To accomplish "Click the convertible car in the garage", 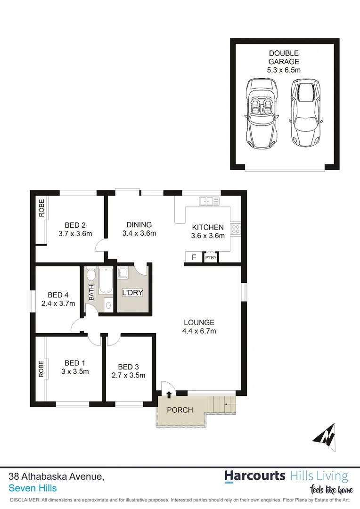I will pos(260,113).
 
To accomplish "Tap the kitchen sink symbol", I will pos(209,202).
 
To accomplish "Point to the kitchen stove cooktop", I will pos(236,230).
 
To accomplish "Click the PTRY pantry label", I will pos(210,258).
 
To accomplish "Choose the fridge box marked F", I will pos(193,257).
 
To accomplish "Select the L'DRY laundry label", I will pos(132,293).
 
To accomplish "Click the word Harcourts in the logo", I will pos(254,476).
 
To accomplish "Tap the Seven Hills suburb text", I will pos(33,488).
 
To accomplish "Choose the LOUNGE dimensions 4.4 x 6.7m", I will pos(199,331).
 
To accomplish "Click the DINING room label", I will pos(139,224).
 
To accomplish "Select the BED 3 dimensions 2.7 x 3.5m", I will pos(128,376).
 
